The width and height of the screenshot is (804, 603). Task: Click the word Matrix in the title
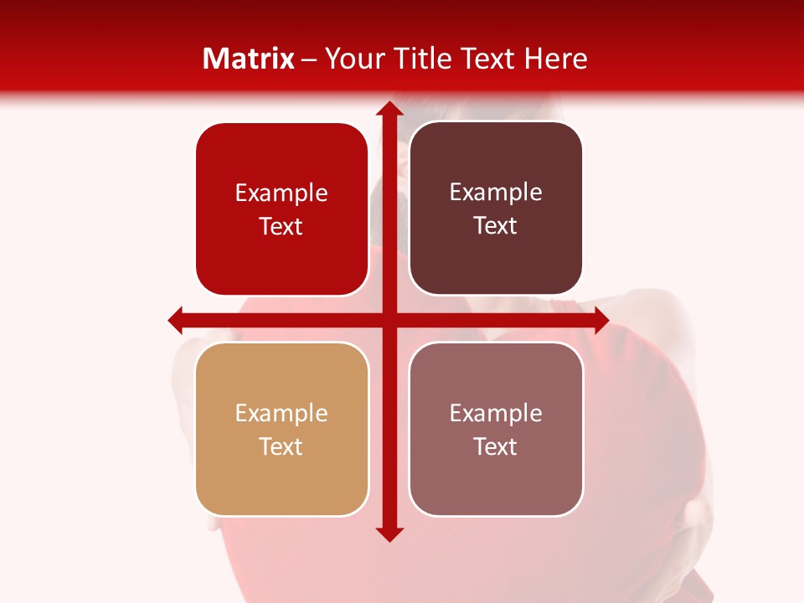[x=249, y=59]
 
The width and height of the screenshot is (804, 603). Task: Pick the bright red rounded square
[x=281, y=209]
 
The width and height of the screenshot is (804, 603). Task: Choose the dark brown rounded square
[x=496, y=209]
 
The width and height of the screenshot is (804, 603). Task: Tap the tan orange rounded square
[x=281, y=429]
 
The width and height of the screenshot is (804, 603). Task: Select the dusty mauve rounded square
[x=496, y=429]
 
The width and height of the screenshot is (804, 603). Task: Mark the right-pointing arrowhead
[x=600, y=319]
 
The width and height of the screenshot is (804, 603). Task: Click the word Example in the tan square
[x=281, y=413]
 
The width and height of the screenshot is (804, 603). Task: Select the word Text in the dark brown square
[x=496, y=226]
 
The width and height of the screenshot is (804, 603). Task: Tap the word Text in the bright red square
[x=281, y=227]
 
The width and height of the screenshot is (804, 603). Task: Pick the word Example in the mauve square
[x=496, y=413]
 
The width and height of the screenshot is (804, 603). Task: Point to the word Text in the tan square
[x=281, y=446]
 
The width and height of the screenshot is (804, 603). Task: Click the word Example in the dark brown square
[x=496, y=192]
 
